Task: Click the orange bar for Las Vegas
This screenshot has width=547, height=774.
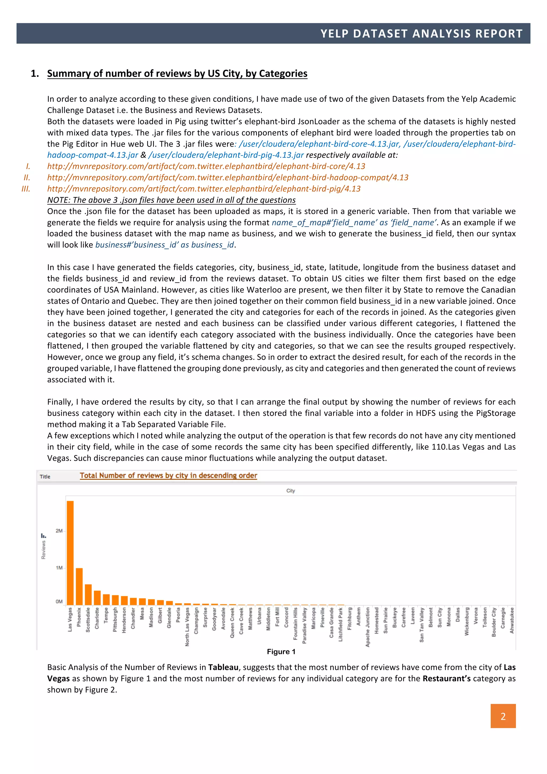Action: tap(70, 553)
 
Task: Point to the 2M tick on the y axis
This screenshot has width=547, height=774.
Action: tap(59, 531)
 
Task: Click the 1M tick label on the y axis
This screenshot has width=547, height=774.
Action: tap(59, 568)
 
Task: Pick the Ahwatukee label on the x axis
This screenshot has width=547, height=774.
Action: tap(512, 620)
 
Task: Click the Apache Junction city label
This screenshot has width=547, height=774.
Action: tap(368, 627)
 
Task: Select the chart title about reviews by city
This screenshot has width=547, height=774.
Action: tap(168, 475)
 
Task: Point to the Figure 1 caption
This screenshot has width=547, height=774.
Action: tap(281, 652)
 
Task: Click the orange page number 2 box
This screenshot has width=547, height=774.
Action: tap(503, 716)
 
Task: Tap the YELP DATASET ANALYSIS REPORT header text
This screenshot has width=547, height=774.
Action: tap(421, 33)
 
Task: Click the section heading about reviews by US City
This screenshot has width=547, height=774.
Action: tap(177, 73)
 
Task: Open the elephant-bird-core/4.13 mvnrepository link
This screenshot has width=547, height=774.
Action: tap(206, 166)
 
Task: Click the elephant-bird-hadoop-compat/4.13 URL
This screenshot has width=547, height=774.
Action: tap(228, 177)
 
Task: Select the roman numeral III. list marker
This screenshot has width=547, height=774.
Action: tap(26, 189)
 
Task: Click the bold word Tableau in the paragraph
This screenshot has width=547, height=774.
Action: tap(223, 667)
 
